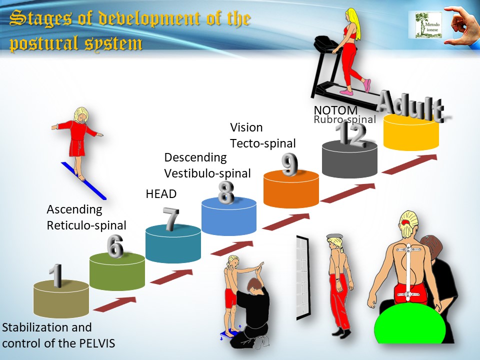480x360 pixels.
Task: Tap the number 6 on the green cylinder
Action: point(115,246)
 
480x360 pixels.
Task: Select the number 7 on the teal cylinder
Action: point(171,219)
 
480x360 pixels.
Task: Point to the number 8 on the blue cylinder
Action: point(226,192)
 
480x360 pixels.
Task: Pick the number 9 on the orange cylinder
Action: point(289,164)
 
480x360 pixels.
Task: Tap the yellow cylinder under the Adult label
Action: point(411,132)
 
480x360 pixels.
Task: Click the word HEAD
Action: point(161,194)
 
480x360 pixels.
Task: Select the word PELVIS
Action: point(97,343)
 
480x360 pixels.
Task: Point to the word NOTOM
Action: point(336,110)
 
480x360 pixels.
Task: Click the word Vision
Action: point(246,127)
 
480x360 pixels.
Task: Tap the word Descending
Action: point(195,157)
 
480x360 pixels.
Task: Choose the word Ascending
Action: point(74,209)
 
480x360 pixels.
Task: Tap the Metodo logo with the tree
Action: point(428,25)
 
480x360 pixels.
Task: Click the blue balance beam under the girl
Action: point(83,181)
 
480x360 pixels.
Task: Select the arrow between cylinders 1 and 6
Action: point(115,304)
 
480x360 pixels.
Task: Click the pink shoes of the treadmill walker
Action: point(357,87)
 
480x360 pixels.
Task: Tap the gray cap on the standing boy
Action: point(334,236)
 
